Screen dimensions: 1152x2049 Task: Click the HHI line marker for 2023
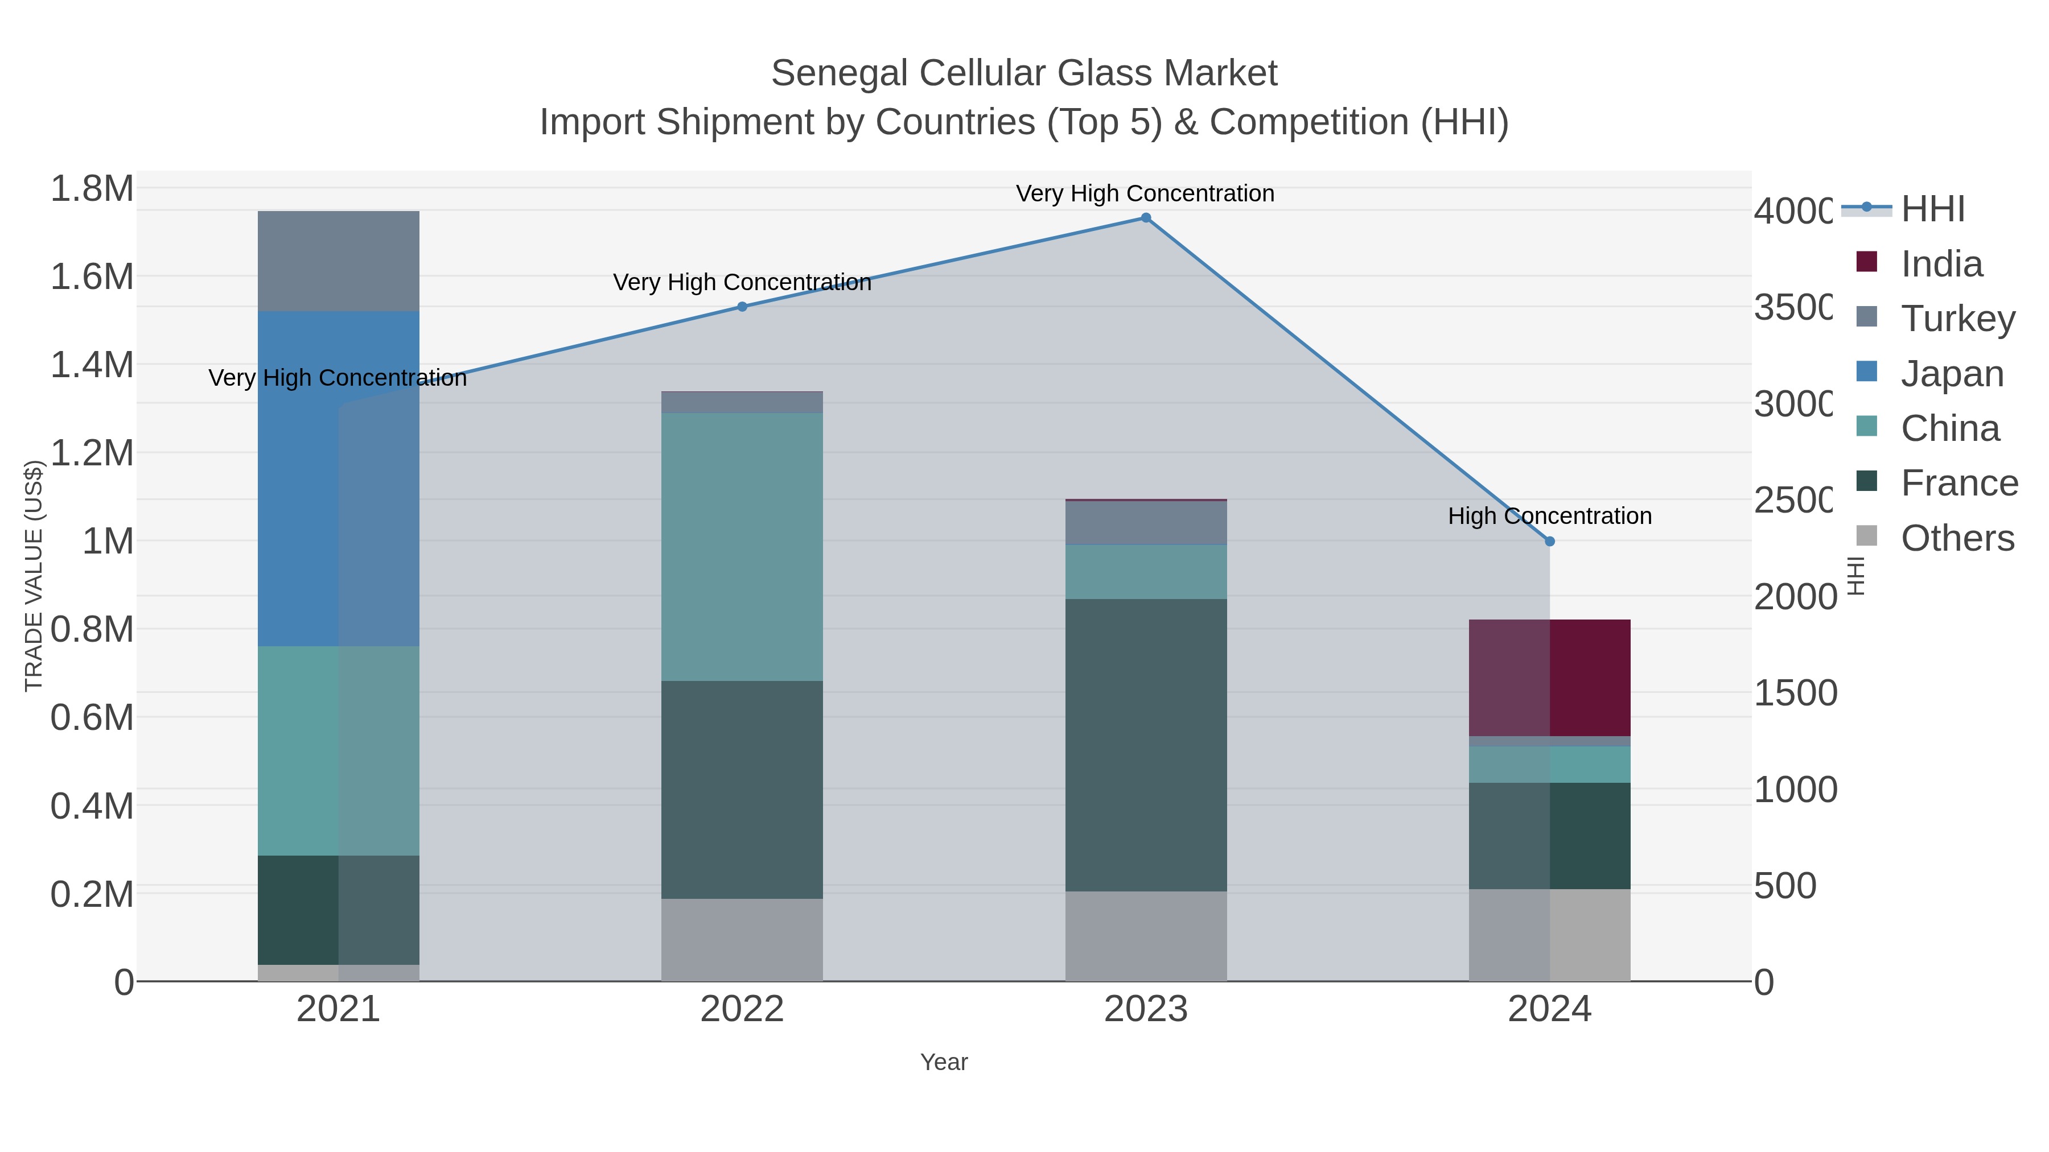click(x=1145, y=218)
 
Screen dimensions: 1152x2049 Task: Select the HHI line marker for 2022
click(x=742, y=307)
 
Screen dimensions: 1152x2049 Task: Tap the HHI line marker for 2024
click(x=1549, y=542)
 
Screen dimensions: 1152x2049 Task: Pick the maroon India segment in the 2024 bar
click(x=1549, y=678)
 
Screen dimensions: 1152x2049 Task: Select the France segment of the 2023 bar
click(x=1145, y=745)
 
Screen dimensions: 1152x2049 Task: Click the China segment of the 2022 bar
click(x=742, y=547)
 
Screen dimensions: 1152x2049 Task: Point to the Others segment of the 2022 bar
click(x=742, y=940)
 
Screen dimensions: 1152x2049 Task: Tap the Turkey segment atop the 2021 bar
click(x=338, y=261)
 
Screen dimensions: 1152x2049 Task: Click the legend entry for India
click(x=1941, y=264)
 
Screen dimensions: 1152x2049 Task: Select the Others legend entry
click(x=1957, y=538)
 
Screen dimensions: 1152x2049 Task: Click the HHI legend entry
click(x=1932, y=209)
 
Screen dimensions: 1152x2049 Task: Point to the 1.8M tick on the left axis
click(x=92, y=189)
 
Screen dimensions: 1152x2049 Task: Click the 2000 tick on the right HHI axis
click(x=1795, y=597)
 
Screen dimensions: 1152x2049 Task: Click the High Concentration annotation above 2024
click(x=1549, y=516)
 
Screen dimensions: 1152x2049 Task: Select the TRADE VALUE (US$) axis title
click(x=34, y=576)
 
